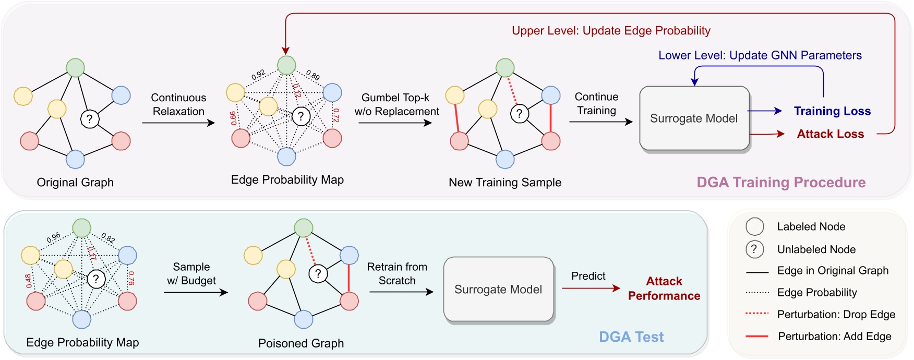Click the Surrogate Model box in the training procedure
694,118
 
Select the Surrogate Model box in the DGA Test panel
498,290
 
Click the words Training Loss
832,111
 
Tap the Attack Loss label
830,134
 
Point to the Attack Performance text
664,289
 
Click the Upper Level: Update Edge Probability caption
611,31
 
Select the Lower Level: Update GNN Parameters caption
760,55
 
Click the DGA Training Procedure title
781,182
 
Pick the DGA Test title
631,337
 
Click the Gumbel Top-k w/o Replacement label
396,104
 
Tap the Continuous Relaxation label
178,104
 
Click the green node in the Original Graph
76,68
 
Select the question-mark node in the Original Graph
90,119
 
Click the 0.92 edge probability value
258,75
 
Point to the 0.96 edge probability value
53,238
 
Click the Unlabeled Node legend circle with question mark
754,249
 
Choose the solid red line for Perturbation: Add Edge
757,337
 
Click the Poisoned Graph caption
301,343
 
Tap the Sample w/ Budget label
191,273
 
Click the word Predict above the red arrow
588,276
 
